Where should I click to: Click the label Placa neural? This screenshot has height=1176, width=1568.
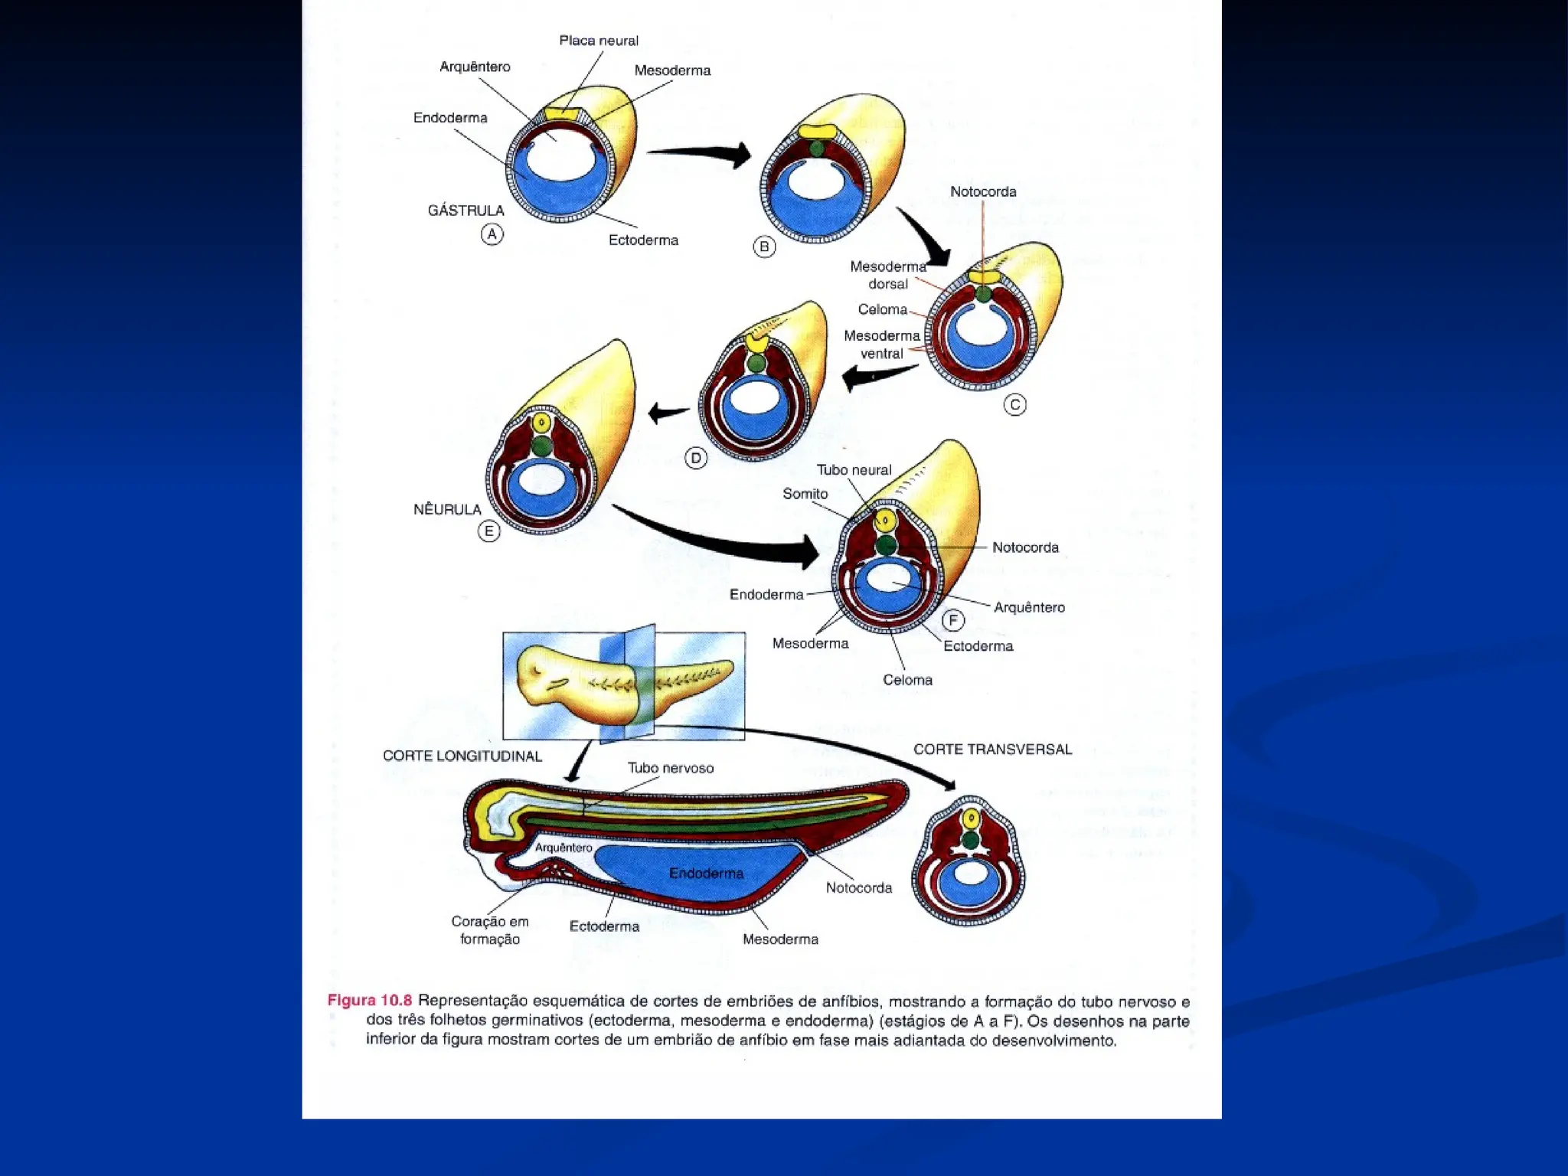(x=598, y=41)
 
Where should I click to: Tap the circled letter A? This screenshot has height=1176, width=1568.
(x=492, y=234)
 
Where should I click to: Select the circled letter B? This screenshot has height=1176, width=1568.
(x=764, y=247)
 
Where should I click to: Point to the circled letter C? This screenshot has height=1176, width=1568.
(x=1014, y=405)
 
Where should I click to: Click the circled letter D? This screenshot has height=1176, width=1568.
(x=695, y=459)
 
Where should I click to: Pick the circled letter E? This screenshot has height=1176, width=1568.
(x=488, y=531)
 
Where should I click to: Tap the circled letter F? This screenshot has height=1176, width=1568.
(x=952, y=619)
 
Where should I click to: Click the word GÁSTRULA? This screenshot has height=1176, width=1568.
(x=465, y=211)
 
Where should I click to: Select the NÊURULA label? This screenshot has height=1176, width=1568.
(x=447, y=509)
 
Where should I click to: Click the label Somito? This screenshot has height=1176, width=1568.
(x=805, y=494)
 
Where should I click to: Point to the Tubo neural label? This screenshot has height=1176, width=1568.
(x=854, y=470)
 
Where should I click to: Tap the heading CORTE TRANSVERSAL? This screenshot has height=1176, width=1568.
(x=992, y=750)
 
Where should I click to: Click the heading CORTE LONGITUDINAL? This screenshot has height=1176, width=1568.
(x=462, y=756)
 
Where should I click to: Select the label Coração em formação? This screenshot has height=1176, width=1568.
(x=490, y=930)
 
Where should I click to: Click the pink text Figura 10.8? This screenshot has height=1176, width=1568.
(x=369, y=1001)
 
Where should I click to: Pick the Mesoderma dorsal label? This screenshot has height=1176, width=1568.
(x=887, y=275)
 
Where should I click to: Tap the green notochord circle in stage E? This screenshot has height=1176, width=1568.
(x=541, y=446)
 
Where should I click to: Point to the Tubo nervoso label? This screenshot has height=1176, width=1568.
(x=670, y=768)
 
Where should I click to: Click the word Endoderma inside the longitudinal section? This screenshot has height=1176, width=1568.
(x=706, y=873)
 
